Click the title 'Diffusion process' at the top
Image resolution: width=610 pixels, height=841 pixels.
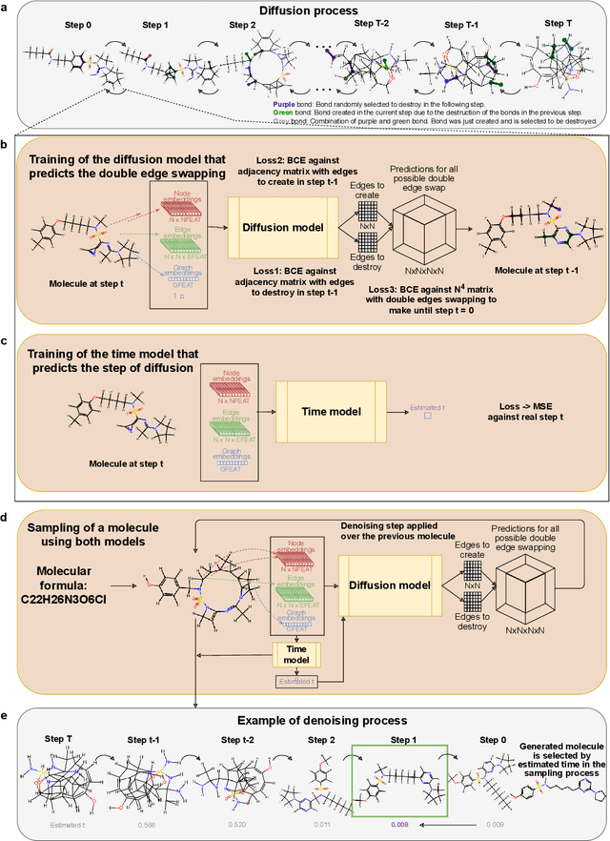coord(305,12)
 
